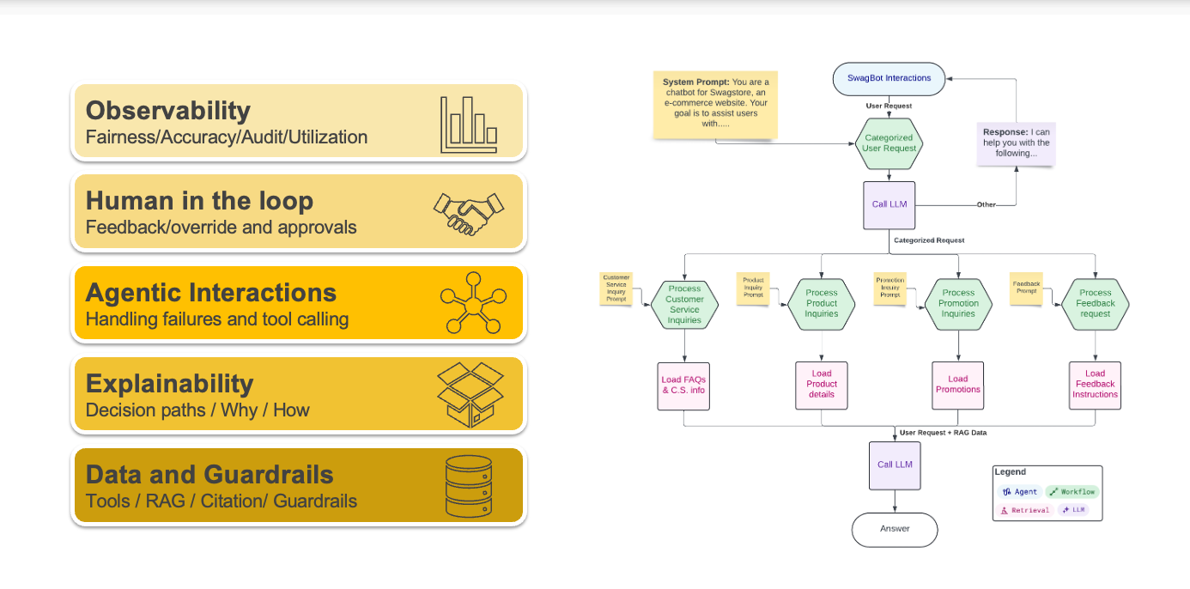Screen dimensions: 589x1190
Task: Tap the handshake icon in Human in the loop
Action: click(x=468, y=214)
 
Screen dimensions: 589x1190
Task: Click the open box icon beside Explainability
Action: click(x=469, y=394)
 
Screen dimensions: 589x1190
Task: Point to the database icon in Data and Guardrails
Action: click(x=469, y=486)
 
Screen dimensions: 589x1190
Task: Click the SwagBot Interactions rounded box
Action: click(x=889, y=78)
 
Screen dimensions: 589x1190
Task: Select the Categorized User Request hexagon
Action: click(x=889, y=143)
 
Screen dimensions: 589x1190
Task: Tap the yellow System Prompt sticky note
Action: click(x=715, y=105)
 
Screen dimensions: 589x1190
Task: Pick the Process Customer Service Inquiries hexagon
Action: click(x=684, y=304)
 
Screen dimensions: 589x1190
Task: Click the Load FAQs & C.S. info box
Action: click(x=684, y=385)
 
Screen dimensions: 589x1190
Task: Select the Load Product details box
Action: click(x=822, y=384)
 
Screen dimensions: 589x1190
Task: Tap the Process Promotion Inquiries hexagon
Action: click(x=958, y=303)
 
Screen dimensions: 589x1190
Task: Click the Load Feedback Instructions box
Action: click(x=1095, y=384)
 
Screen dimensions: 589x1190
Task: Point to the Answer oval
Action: click(x=895, y=529)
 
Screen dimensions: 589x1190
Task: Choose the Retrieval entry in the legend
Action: click(x=1025, y=510)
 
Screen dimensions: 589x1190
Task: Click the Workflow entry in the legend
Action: click(x=1072, y=492)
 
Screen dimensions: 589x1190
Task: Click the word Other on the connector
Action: click(x=985, y=205)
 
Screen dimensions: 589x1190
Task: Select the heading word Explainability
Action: click(x=169, y=383)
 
